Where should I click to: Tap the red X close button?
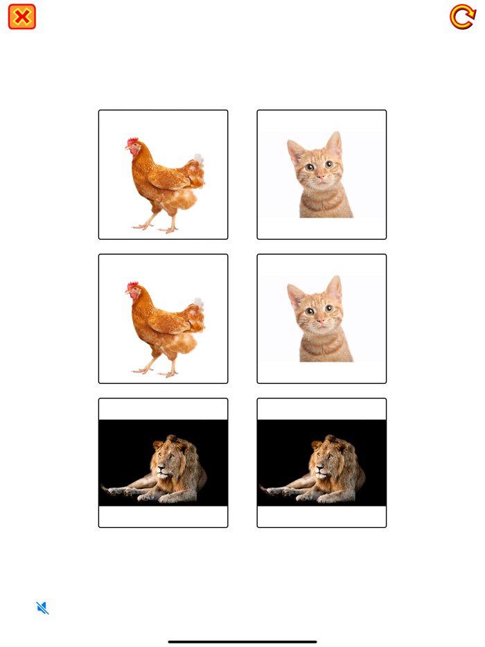[22, 17]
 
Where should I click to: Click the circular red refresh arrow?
[462, 17]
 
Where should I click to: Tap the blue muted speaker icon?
[42, 608]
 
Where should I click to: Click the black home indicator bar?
[242, 641]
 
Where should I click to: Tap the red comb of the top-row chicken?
[132, 141]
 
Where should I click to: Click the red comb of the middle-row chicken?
[132, 285]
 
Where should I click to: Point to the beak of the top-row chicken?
[127, 150]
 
